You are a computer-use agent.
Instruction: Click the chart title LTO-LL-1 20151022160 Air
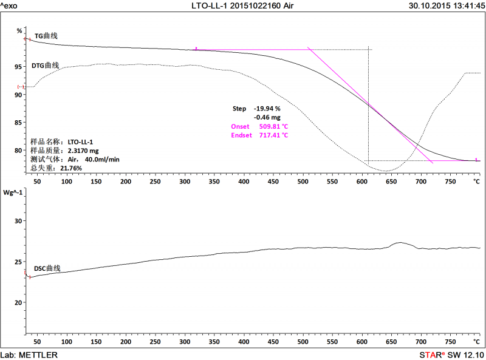pos(242,5)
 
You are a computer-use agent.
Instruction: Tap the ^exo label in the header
pos(11,5)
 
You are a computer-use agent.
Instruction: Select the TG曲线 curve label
pos(46,36)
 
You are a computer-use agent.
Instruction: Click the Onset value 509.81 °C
pos(273,126)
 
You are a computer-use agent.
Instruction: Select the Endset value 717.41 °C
pos(273,135)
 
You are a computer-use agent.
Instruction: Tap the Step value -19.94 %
pos(267,109)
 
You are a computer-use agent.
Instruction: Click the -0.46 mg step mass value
pos(267,117)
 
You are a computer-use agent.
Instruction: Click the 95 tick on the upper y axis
pos(19,67)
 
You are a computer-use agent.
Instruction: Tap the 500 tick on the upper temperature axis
pos(303,182)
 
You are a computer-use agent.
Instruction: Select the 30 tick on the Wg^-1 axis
pos(18,221)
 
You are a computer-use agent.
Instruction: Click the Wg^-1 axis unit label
pos(13,193)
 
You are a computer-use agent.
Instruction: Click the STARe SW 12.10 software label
pos(451,355)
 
